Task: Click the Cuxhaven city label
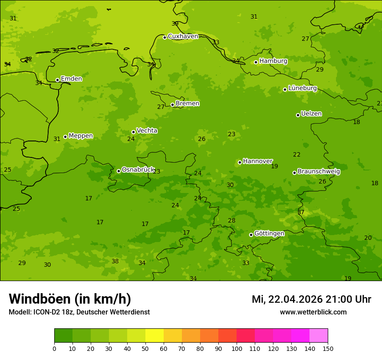click(183, 36)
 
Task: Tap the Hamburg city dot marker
click(256, 62)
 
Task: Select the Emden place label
click(71, 79)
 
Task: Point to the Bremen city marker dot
click(172, 105)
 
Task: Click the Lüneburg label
click(303, 88)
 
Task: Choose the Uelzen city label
click(311, 114)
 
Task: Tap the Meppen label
click(81, 136)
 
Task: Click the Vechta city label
click(147, 131)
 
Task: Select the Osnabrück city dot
click(119, 171)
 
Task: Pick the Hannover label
click(257, 161)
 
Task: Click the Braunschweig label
click(319, 172)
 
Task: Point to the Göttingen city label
click(269, 233)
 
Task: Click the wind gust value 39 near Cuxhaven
click(175, 24)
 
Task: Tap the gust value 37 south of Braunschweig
click(301, 213)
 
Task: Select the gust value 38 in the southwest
click(115, 262)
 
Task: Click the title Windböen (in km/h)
click(70, 299)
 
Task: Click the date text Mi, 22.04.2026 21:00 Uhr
click(311, 299)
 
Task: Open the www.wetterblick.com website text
click(313, 312)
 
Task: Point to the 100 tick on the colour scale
click(237, 348)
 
